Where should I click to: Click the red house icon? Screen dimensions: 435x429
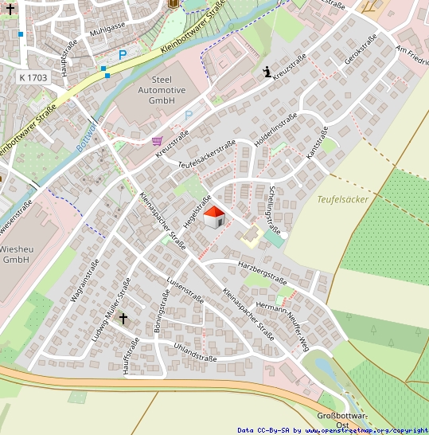(x=214, y=217)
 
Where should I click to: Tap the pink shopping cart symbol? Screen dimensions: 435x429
(x=158, y=141)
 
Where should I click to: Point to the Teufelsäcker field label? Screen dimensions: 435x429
(x=342, y=199)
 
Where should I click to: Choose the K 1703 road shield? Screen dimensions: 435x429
(x=32, y=76)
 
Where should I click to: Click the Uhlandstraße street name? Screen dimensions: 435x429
(x=195, y=352)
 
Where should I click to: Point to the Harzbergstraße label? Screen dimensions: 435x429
(x=262, y=271)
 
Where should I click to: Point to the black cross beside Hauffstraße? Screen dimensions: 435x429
(x=123, y=319)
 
